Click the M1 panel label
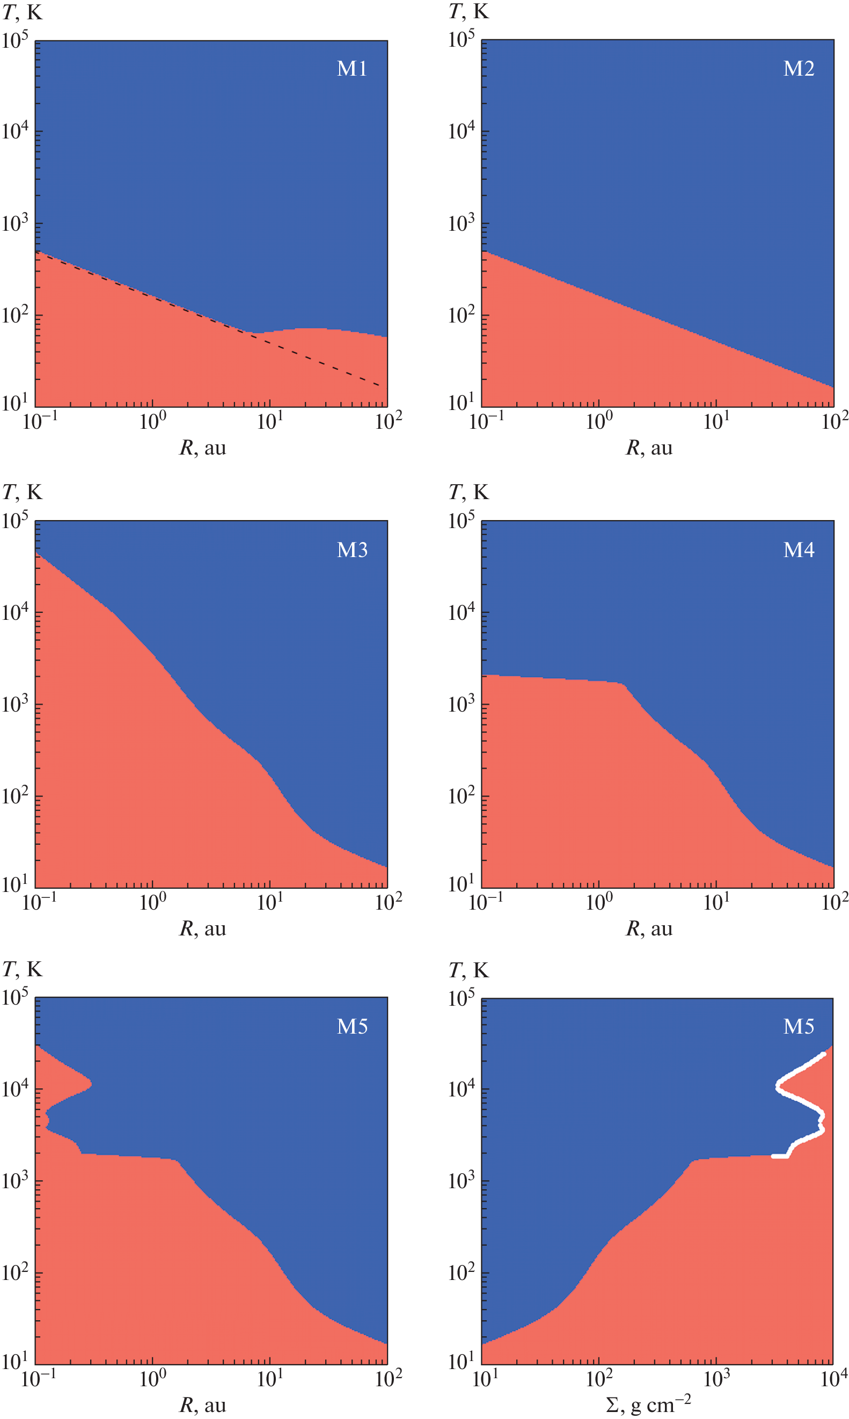click(352, 69)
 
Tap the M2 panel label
click(799, 69)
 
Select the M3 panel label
click(352, 550)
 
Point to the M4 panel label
click(799, 550)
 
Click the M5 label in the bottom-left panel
click(352, 1026)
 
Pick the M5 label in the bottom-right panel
click(799, 1026)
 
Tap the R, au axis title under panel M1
click(202, 447)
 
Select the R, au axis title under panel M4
click(649, 928)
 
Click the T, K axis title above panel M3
click(23, 492)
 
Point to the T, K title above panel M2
click(469, 11)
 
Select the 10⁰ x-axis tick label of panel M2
click(599, 421)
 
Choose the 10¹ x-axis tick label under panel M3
click(269, 903)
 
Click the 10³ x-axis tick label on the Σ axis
click(716, 1379)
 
